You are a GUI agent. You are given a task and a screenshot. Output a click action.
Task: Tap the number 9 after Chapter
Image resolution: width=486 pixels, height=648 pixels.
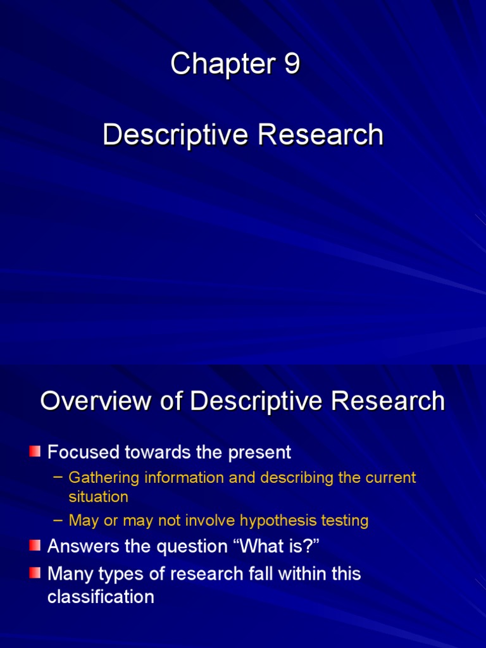click(x=292, y=65)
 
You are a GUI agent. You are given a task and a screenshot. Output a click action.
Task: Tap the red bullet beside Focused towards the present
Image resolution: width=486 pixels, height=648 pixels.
click(x=35, y=452)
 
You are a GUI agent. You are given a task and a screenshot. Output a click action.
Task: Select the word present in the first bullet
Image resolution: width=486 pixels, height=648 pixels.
click(x=260, y=453)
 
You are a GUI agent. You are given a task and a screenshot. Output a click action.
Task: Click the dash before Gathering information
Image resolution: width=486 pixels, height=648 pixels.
click(x=58, y=477)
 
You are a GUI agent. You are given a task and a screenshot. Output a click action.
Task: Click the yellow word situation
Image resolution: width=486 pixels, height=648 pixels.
click(x=98, y=497)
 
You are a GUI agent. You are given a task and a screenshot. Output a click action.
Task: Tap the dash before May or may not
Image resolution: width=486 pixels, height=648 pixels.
click(x=58, y=520)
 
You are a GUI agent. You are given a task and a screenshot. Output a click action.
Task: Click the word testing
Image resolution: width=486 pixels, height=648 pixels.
click(x=346, y=521)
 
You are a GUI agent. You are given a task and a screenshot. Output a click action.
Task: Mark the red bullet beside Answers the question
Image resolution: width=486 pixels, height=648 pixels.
click(x=35, y=545)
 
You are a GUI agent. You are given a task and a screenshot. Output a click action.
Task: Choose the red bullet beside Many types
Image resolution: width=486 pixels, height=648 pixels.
click(x=35, y=573)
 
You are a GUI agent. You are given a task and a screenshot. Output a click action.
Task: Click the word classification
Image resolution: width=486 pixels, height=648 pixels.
click(x=101, y=597)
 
